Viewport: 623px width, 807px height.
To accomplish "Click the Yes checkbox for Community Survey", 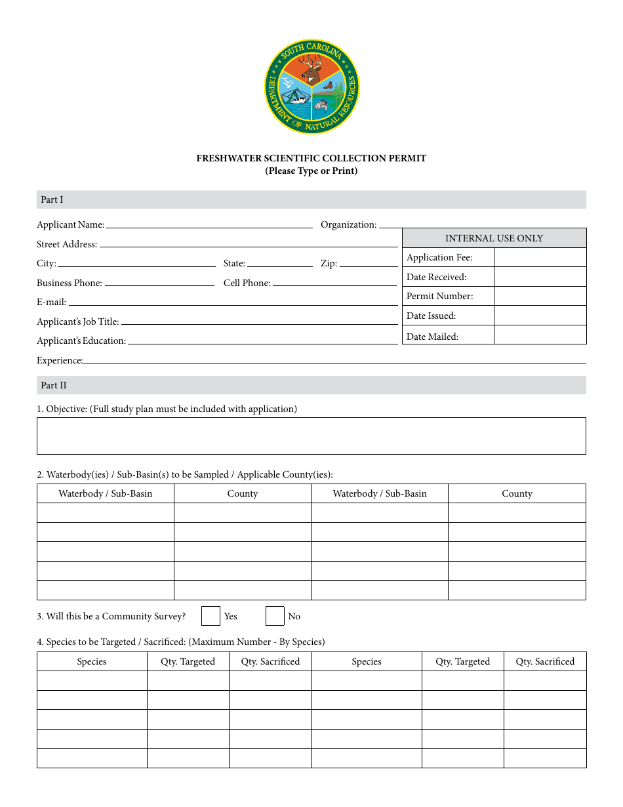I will coord(211,616).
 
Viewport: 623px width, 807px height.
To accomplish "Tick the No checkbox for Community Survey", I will coord(275,616).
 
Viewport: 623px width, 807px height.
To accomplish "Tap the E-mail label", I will coord(51,302).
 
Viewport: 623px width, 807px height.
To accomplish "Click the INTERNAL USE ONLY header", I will coord(494,238).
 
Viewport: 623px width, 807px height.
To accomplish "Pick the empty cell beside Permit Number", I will coord(540,296).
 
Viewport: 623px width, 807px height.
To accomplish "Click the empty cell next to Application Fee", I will coord(540,257).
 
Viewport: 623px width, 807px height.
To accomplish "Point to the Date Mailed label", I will coord(432,337).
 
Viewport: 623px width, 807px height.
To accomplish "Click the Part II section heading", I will coord(53,385).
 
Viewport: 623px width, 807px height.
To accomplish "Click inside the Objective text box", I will coord(311,436).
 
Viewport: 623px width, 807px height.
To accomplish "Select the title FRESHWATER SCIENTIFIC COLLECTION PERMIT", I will coord(311,158).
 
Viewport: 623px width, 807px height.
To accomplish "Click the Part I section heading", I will coord(52,199).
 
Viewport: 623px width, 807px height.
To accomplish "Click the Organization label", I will coord(348,224).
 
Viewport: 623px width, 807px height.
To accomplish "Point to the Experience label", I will coord(60,360).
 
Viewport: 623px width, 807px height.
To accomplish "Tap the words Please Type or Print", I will coord(311,171).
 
